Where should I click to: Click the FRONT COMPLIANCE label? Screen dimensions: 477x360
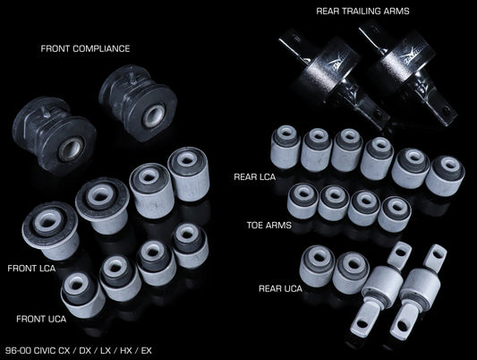click(85, 48)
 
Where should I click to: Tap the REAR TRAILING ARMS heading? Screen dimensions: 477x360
click(362, 12)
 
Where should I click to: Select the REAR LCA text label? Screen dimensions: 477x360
click(255, 176)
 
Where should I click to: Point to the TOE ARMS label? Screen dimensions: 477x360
click(268, 225)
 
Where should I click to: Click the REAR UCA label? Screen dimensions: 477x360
click(280, 288)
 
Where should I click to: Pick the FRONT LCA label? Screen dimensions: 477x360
click(31, 269)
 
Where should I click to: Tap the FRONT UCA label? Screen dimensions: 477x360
click(41, 319)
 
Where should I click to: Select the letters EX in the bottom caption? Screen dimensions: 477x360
click(147, 350)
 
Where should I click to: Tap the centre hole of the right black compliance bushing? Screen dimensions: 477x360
click(154, 115)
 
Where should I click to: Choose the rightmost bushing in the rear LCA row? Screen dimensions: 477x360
click(445, 176)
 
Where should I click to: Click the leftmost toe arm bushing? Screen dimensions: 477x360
click(302, 201)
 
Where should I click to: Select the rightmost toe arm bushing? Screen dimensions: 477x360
click(395, 214)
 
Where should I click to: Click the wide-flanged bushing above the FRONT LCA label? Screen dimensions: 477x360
click(50, 230)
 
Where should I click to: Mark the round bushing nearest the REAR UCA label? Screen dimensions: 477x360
click(318, 266)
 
